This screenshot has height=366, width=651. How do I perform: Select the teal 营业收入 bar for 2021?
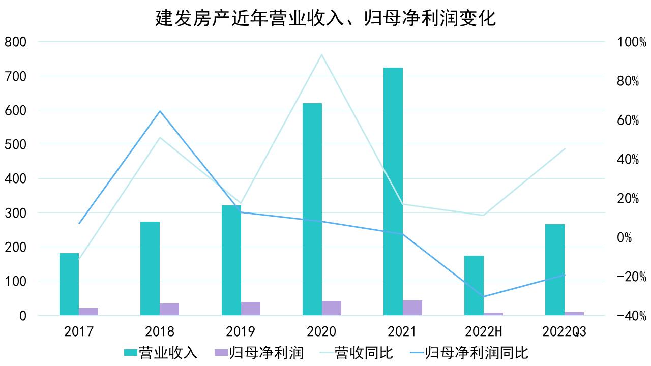coord(393,191)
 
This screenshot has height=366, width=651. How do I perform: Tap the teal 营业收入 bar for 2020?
coord(312,209)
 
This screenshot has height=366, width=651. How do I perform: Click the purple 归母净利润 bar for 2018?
coord(169,309)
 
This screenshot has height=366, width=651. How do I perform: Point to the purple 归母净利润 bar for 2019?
coord(251,308)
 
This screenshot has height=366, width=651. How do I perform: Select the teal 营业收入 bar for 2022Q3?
coord(555,269)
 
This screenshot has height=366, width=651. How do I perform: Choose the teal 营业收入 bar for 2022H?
coord(474,285)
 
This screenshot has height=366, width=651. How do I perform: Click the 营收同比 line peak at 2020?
coord(321,54)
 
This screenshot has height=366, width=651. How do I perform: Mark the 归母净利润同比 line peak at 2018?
coord(160,111)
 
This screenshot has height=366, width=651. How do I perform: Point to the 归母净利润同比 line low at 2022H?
coord(483,296)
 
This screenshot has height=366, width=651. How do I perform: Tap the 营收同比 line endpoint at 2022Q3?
coord(565,149)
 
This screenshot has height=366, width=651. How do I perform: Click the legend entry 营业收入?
coord(161,352)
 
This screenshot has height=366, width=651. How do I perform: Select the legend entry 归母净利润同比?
coord(467,352)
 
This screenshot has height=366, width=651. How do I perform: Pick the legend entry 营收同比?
coord(356,352)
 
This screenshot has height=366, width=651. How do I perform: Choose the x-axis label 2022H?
coord(484,332)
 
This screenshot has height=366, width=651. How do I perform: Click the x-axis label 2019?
coord(241,332)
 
